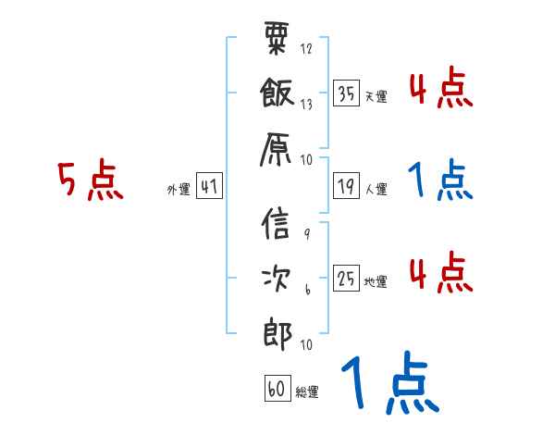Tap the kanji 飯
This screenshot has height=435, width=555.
tap(277, 93)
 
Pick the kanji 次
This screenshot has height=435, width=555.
tap(277, 280)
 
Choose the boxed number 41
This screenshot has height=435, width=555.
tap(209, 187)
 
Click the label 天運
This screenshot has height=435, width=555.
tap(376, 96)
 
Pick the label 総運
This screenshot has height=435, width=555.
tap(307, 392)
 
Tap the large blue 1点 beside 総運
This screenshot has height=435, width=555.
tap(388, 384)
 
